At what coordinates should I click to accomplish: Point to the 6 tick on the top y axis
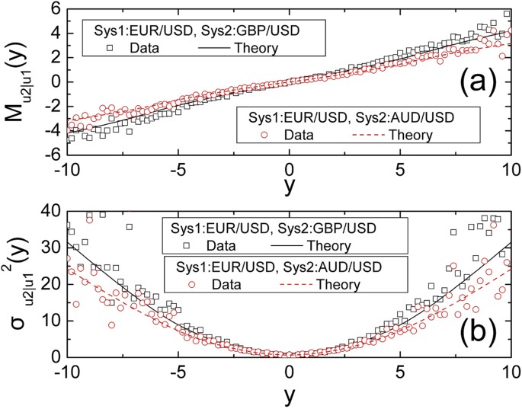click(56, 8)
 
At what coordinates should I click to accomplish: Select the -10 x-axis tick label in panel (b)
click(65, 373)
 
